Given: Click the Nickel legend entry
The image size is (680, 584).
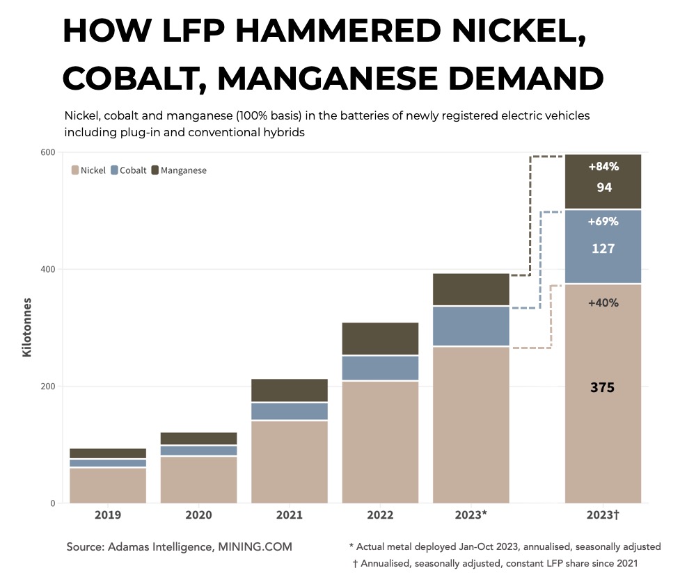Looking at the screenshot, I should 88,170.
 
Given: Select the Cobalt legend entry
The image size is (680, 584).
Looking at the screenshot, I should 128,170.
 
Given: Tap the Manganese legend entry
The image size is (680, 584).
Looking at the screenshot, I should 178,170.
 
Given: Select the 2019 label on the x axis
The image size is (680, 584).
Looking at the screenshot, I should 108,515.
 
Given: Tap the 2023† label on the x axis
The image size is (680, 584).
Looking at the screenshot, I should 603,515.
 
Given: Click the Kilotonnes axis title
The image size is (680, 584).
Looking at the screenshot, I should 27,327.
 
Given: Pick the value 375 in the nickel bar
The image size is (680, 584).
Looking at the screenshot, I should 603,388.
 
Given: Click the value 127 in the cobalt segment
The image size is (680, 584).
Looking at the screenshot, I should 603,249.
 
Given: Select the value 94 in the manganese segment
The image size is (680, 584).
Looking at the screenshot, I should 603,187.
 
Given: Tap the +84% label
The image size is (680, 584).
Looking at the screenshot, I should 603,167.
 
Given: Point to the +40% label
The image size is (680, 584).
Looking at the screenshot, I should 603,303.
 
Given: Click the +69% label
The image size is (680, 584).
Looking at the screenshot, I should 603,222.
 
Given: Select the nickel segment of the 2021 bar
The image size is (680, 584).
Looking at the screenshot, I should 290,462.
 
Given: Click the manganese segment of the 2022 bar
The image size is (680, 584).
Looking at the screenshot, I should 380,339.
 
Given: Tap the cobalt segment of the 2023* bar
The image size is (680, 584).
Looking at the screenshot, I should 471,326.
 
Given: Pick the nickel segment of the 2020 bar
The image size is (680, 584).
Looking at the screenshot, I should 199,480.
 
